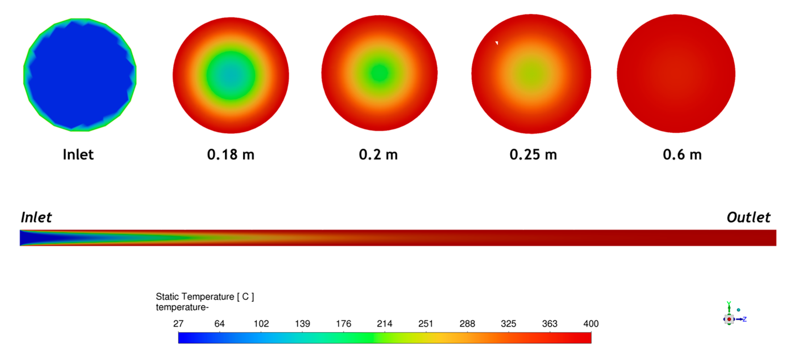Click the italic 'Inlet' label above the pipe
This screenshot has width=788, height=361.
click(36, 217)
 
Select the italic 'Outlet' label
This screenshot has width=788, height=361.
click(748, 217)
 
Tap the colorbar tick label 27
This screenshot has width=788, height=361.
click(178, 324)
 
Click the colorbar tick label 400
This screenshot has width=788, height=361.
click(591, 324)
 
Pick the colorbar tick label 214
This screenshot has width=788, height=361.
click(384, 324)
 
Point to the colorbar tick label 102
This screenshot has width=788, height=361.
click(261, 324)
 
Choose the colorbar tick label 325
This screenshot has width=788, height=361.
click(508, 324)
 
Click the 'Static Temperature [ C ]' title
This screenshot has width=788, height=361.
click(205, 297)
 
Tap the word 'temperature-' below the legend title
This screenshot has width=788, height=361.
click(182, 307)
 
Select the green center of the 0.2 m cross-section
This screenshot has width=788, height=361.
click(379, 73)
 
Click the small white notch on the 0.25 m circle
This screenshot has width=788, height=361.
click(497, 43)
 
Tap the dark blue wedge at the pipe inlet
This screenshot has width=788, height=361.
click(29, 237)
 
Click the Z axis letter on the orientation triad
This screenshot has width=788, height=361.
click(745, 319)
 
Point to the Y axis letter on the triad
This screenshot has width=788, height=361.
click(729, 303)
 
